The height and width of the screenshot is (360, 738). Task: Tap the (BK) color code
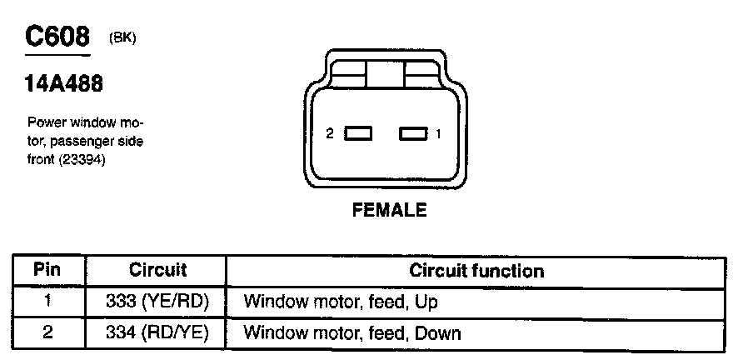click(122, 39)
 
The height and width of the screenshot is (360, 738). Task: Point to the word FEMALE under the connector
click(389, 210)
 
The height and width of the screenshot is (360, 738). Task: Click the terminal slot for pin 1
click(412, 133)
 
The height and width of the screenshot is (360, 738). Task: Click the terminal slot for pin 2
click(359, 133)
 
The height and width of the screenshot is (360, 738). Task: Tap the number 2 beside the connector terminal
click(330, 133)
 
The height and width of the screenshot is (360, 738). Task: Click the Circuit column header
click(157, 271)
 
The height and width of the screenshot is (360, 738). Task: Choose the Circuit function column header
click(476, 271)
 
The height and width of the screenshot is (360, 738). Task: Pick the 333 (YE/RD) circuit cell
click(157, 301)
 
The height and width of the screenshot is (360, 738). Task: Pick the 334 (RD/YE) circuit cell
click(157, 332)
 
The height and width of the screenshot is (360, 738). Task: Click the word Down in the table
click(438, 333)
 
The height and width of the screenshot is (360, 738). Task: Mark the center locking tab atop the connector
click(386, 77)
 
